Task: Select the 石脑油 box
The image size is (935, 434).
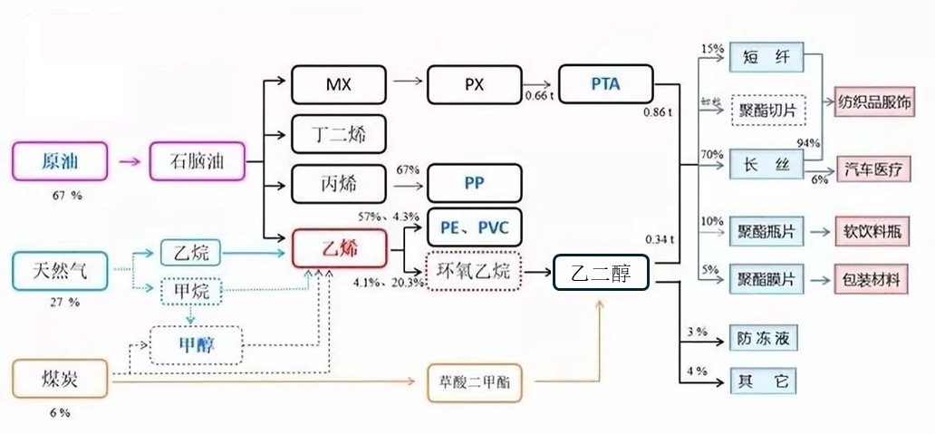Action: point(197,163)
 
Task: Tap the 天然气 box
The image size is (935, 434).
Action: point(60,268)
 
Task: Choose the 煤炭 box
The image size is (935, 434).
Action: point(60,379)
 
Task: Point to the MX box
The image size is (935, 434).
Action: point(338,85)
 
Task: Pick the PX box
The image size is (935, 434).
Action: point(474,85)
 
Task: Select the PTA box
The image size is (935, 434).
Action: point(605,84)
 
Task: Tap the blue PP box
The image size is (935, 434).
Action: point(474,183)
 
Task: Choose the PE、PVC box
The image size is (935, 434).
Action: point(474,227)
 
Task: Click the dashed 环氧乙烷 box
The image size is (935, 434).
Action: point(474,271)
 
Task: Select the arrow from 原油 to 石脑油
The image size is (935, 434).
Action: point(129,163)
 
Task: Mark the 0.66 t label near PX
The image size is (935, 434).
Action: point(539,95)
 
